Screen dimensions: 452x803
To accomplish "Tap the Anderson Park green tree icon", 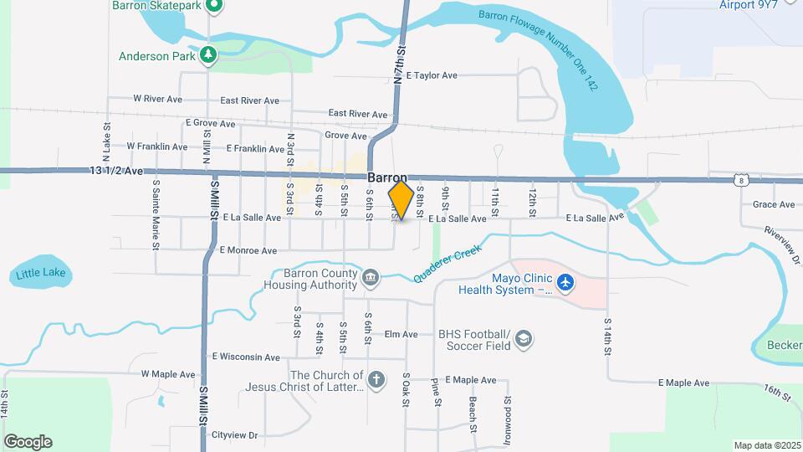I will click(x=207, y=56).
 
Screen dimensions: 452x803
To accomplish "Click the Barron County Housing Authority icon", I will click(x=370, y=277).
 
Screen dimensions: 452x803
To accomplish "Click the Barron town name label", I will click(x=386, y=178).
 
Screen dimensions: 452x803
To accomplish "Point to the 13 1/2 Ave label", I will click(x=117, y=171).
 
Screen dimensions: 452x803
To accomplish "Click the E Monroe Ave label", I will click(x=248, y=250).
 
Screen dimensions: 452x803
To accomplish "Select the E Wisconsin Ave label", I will click(x=246, y=357).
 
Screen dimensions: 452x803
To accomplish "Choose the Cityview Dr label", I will click(x=233, y=435).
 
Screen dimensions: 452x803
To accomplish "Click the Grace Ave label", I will click(x=773, y=204).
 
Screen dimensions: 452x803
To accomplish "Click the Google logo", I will click(x=28, y=441).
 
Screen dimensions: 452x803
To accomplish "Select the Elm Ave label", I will click(x=401, y=335).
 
